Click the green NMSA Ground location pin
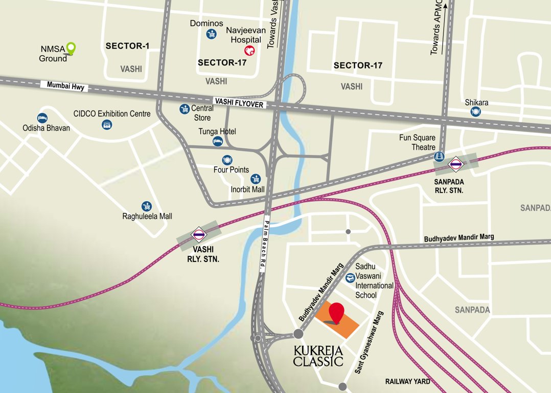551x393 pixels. [x=72, y=49]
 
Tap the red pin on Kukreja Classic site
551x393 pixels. [x=336, y=312]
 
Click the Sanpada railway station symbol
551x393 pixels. [x=455, y=164]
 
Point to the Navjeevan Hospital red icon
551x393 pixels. [x=250, y=50]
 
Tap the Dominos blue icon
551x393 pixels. [x=211, y=34]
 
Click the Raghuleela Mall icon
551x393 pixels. [x=147, y=206]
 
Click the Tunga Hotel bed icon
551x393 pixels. [x=218, y=141]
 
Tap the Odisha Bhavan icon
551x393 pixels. [x=42, y=118]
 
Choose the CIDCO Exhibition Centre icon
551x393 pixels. [x=107, y=124]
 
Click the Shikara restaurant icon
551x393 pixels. [x=476, y=112]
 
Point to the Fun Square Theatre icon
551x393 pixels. [x=439, y=157]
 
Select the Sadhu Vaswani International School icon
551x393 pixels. [x=350, y=278]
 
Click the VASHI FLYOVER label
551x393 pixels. [x=239, y=103]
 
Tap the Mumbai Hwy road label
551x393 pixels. [x=64, y=86]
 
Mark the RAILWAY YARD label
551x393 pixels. [x=408, y=381]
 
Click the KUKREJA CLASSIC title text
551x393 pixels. [x=318, y=356]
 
